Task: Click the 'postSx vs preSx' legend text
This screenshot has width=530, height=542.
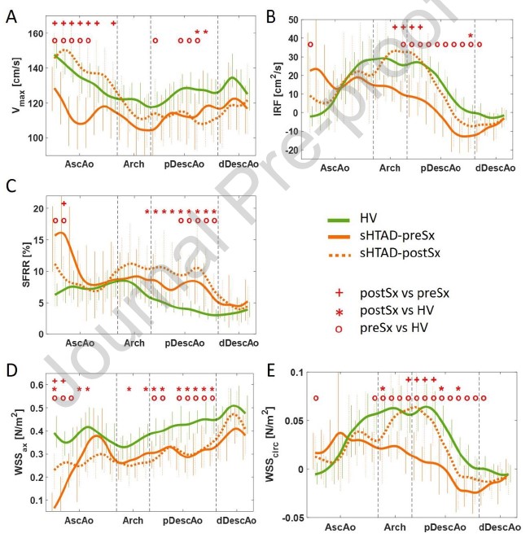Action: pos(396,291)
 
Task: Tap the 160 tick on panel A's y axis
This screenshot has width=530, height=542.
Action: pos(36,33)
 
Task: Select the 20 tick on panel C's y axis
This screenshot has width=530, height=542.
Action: pos(36,209)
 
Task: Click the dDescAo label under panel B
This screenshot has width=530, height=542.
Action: pos(495,168)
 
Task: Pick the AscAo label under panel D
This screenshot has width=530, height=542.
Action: pos(81,518)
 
